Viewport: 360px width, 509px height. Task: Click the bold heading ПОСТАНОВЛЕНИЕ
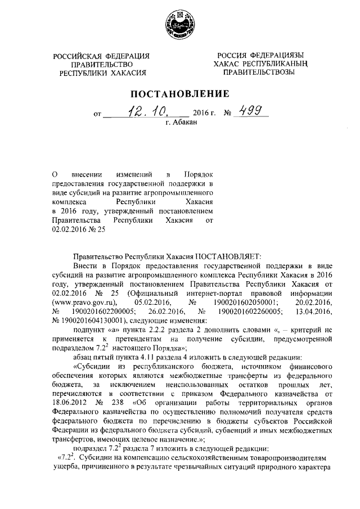[x=179, y=93]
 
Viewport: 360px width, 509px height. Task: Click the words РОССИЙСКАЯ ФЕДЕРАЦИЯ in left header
[x=101, y=56]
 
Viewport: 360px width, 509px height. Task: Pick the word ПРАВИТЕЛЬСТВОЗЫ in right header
[x=258, y=73]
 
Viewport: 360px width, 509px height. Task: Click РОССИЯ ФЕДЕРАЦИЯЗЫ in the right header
[x=258, y=55]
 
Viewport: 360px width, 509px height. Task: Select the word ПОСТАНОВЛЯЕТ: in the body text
[x=213, y=255]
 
